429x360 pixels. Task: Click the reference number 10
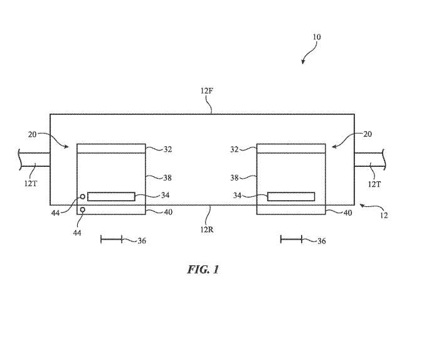tap(317, 37)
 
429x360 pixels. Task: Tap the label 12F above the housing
tap(206, 90)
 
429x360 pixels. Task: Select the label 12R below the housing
tap(206, 230)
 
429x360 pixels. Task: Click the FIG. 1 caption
tap(203, 270)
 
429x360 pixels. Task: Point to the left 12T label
tap(31, 183)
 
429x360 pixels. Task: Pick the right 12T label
tap(374, 184)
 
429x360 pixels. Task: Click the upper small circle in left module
tap(82, 196)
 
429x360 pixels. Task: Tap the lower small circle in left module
tap(82, 210)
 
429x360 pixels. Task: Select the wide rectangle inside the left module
tap(111, 197)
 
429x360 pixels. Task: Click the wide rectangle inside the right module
tap(291, 197)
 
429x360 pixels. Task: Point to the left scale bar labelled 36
tap(112, 240)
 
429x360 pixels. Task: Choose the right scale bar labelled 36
tap(292, 240)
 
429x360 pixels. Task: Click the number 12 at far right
tap(384, 215)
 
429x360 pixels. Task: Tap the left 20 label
tap(32, 135)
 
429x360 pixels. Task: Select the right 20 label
tap(368, 134)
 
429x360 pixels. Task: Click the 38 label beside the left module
tap(167, 178)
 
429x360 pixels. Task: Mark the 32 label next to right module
tap(234, 149)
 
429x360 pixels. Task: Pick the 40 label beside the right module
tap(347, 213)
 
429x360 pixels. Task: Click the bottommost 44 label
tap(77, 233)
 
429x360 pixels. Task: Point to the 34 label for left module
tap(165, 195)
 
